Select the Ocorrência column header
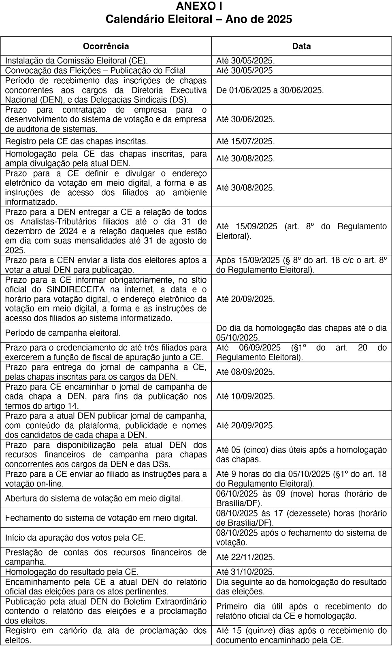tap(106, 46)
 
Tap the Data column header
tap(301, 46)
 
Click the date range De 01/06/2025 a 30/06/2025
tap(270, 90)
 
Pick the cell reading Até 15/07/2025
tap(245, 141)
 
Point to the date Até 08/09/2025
tap(245, 372)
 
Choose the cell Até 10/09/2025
tap(245, 396)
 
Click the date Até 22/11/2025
tap(245, 557)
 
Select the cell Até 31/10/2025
tap(245, 572)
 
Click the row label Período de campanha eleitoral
tap(63, 333)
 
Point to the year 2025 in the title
tap(279, 19)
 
